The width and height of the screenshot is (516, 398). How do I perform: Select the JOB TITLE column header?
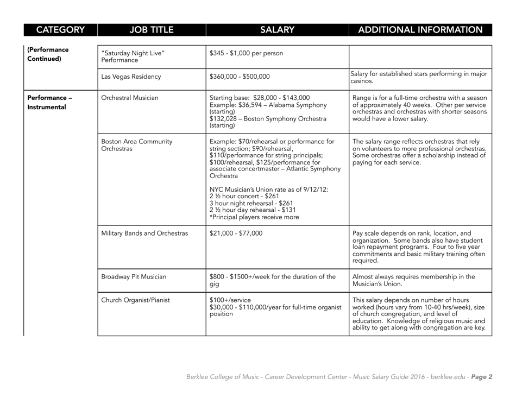pos(150,28)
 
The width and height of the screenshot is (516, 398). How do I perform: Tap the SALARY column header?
pos(277,28)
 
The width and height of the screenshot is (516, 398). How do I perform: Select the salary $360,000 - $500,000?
pos(240,77)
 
